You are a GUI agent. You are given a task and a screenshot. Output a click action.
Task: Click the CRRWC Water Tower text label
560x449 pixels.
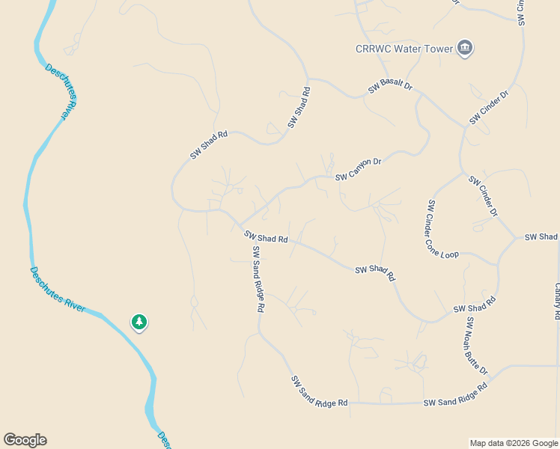tap(404, 49)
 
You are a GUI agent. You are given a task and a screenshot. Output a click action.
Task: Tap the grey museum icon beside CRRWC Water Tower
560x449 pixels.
tap(465, 49)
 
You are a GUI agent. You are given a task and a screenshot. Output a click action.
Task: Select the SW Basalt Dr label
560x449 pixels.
tap(390, 87)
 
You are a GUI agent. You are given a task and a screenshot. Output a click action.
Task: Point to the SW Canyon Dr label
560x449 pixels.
tap(359, 169)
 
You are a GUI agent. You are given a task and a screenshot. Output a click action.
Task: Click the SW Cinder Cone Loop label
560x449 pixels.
tap(442, 230)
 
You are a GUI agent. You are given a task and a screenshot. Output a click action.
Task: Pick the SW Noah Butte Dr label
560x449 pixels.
tap(477, 346)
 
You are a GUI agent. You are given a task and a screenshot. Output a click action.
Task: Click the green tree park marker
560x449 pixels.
tap(139, 322)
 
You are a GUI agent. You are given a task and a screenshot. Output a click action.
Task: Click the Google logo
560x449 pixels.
tap(25, 440)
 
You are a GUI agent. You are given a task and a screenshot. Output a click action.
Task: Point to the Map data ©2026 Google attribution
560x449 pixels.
tap(513, 443)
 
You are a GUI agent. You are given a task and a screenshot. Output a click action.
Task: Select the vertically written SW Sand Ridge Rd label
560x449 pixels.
tap(258, 278)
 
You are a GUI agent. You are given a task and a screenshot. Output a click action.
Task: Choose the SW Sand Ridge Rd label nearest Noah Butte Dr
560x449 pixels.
tap(455, 395)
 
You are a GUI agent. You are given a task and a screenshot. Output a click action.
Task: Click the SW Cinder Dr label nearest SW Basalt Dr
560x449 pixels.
tap(489, 108)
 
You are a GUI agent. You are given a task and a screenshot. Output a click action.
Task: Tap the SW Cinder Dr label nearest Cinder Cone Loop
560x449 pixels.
tap(483, 196)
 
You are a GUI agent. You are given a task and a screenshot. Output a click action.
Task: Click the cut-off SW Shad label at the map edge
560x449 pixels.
tap(541, 236)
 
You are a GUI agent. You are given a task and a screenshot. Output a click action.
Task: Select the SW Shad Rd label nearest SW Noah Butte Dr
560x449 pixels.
tap(475, 305)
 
